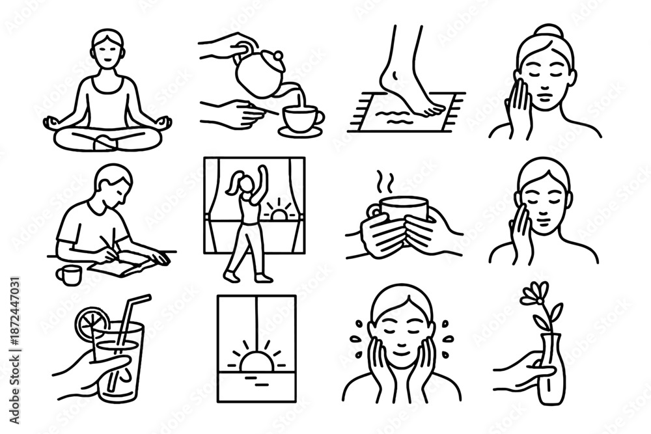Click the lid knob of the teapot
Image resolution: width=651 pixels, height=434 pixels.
(x=277, y=57)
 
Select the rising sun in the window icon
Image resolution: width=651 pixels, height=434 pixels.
(x=256, y=360)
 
